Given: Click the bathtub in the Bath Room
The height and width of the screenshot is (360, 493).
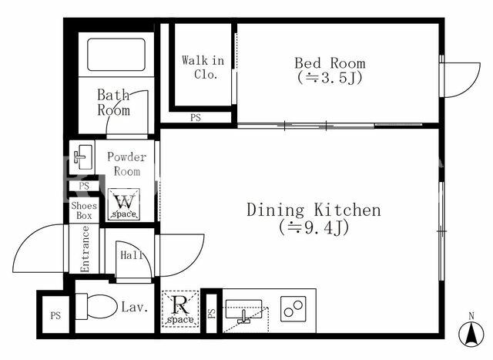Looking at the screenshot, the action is coord(116,55).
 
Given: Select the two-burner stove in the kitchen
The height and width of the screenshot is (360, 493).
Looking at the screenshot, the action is coord(293,308).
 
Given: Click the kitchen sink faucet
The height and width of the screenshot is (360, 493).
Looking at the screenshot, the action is coord(243,317).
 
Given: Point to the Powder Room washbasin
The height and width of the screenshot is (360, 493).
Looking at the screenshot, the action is coord(82,156).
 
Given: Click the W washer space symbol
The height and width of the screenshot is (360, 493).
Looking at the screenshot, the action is coord(124,204).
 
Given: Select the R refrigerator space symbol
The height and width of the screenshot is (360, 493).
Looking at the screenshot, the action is coord(180,309).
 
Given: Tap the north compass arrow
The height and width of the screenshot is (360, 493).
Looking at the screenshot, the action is coord(471,335).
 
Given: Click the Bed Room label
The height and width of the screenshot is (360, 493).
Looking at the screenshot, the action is coord(330,63).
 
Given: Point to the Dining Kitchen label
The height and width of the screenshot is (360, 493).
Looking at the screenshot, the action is coord(314,210).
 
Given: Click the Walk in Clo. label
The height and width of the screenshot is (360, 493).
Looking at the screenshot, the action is coord(203,67).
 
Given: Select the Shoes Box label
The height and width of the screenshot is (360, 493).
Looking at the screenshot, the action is coord(84,210).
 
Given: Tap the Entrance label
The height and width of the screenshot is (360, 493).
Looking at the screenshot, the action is coord(85,249).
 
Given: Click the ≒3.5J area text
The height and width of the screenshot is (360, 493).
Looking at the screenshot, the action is coord(330,77).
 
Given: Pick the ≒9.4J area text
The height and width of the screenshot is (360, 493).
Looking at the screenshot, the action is coord(314,228).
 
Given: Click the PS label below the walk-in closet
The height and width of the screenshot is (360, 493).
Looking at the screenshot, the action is coord(195,118).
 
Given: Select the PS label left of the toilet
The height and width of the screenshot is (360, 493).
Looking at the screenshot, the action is coord(55,315).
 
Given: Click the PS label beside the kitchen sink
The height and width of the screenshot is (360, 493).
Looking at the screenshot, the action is coord(212,313).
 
